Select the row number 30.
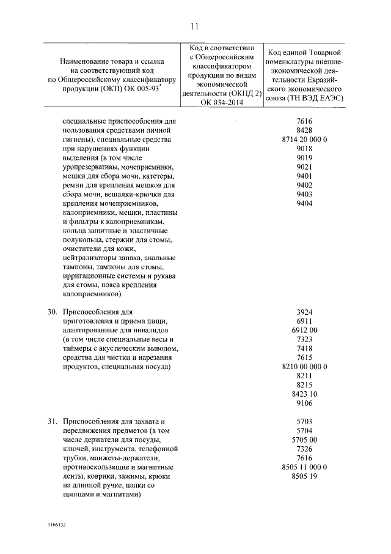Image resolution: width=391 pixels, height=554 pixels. pos(53,312)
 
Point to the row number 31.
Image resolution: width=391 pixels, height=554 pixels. pos(53,422)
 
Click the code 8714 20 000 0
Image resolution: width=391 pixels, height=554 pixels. pos(304,140)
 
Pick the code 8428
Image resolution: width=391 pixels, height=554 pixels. pos(304,130)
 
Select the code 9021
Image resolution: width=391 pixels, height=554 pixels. pos(304,167)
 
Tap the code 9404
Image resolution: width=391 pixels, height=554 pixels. pos(304,203)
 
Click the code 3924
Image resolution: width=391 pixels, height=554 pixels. pos(304,312)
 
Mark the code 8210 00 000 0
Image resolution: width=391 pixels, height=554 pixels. pos(304,367)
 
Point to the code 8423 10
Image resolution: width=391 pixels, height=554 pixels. pos(304,394)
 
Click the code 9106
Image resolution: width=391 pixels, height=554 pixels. pos(304,403)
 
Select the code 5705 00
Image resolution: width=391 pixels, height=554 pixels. pos(304,440)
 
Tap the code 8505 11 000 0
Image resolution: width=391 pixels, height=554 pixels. pos(304,467)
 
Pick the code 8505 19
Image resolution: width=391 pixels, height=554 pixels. pos(304,476)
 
